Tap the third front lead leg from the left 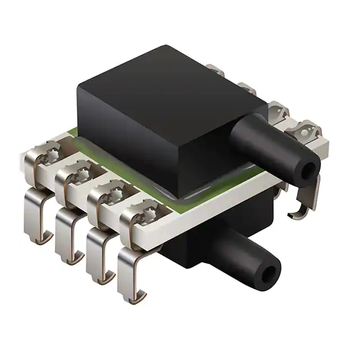click(x=96, y=259)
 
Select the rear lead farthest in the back click(x=217, y=70)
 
